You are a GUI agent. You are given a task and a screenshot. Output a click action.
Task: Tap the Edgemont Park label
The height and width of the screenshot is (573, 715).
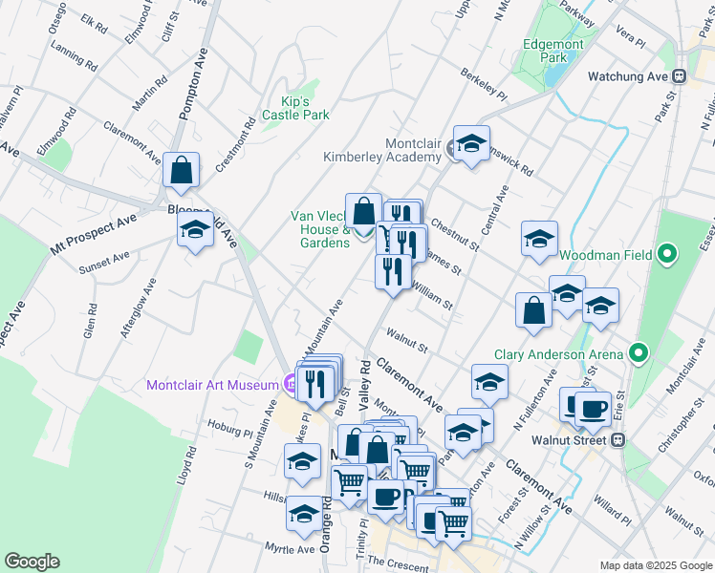(x=546, y=51)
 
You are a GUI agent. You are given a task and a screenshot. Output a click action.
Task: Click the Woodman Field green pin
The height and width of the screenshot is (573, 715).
(x=668, y=255)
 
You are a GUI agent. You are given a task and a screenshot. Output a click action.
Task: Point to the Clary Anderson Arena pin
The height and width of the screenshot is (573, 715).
(x=639, y=354)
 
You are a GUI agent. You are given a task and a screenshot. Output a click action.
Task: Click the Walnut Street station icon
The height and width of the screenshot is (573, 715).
(x=617, y=440)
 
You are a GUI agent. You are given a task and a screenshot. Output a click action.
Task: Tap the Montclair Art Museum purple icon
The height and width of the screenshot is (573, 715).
(x=290, y=386)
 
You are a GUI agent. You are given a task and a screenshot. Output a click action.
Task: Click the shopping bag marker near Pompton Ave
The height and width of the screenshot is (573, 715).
(x=181, y=171)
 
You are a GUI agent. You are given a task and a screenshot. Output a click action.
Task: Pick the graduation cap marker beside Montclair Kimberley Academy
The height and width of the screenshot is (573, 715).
(x=470, y=144)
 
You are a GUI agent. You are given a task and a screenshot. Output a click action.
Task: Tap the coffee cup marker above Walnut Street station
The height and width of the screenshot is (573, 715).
(x=593, y=408)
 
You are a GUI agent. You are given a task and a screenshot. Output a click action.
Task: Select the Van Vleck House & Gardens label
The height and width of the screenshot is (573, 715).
(x=320, y=229)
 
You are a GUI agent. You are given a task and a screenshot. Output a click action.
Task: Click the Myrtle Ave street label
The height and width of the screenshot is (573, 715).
(x=291, y=549)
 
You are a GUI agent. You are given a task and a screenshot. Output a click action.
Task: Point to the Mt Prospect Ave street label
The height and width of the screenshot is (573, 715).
(x=93, y=235)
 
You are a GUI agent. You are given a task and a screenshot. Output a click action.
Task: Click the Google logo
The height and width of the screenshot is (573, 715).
(x=32, y=562)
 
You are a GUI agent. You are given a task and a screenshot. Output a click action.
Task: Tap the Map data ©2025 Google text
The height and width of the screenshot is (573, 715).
(x=654, y=565)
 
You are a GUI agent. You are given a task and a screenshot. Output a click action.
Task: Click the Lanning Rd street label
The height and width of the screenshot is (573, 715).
(x=75, y=60)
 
